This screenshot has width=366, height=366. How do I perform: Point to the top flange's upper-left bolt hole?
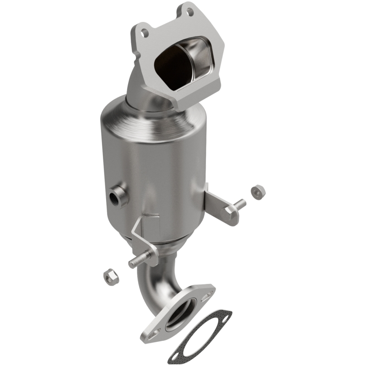click(x=145, y=32)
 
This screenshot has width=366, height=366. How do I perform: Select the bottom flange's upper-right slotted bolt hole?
click(x=209, y=289)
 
